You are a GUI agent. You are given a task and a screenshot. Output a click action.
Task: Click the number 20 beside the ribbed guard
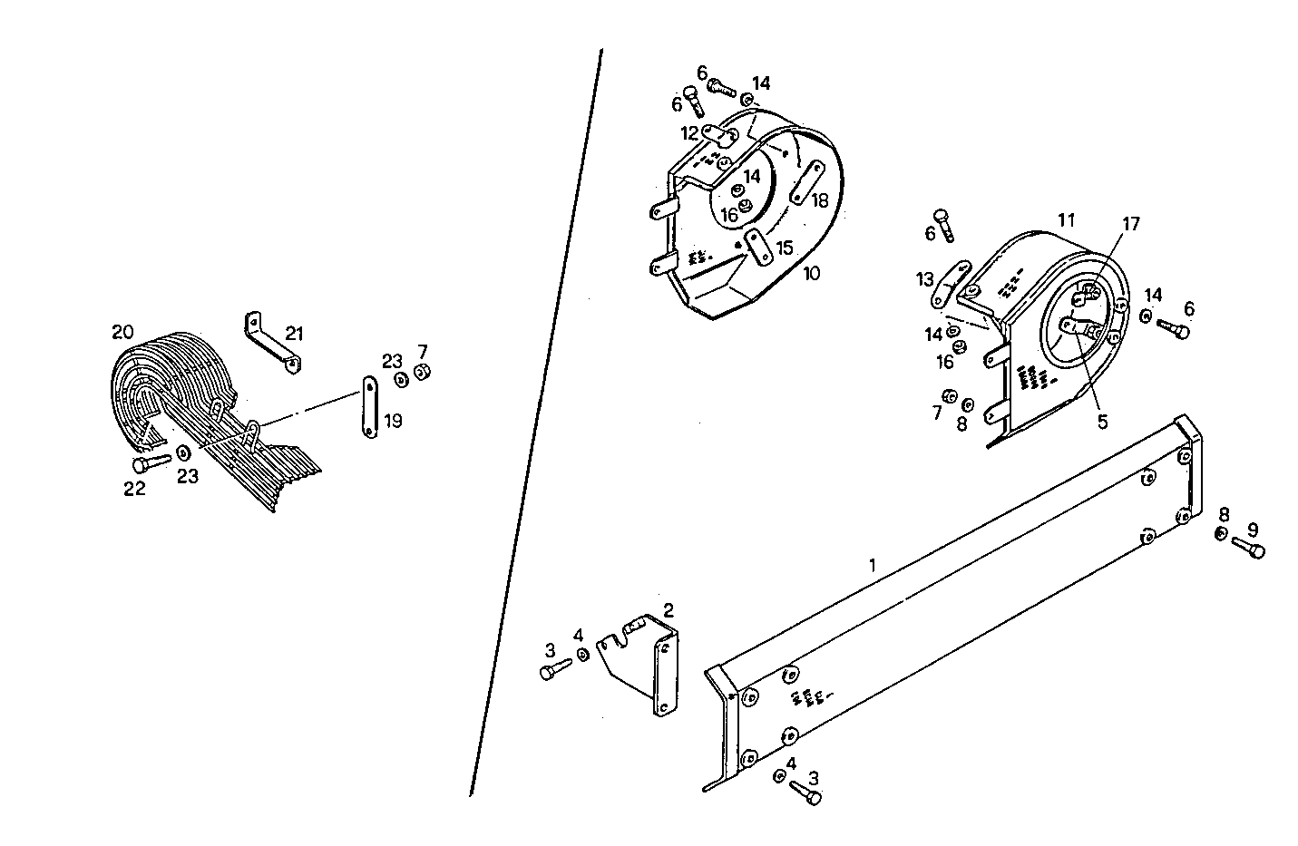point(122,332)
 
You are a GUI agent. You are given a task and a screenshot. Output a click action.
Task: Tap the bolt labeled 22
point(150,463)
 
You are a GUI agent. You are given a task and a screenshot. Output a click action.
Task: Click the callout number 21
point(293,334)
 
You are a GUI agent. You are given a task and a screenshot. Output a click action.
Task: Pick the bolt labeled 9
point(1249,547)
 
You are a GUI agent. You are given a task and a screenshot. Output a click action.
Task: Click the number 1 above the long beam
point(873,565)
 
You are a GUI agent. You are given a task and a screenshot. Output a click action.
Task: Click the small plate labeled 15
point(757,248)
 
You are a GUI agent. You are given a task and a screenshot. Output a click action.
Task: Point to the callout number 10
point(811,272)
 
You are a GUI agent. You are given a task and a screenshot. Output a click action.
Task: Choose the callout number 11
point(1066,219)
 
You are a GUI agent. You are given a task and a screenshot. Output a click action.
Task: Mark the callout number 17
point(1130,224)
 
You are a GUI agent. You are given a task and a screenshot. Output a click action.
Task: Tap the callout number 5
point(1102,421)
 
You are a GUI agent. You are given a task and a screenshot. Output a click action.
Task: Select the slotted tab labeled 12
point(721,137)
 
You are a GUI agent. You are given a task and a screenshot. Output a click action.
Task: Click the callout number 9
point(1253,529)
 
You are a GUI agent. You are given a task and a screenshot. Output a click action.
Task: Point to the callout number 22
point(135,489)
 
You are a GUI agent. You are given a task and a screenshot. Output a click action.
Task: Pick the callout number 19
point(393,421)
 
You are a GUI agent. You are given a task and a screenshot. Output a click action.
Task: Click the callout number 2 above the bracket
point(668,609)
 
